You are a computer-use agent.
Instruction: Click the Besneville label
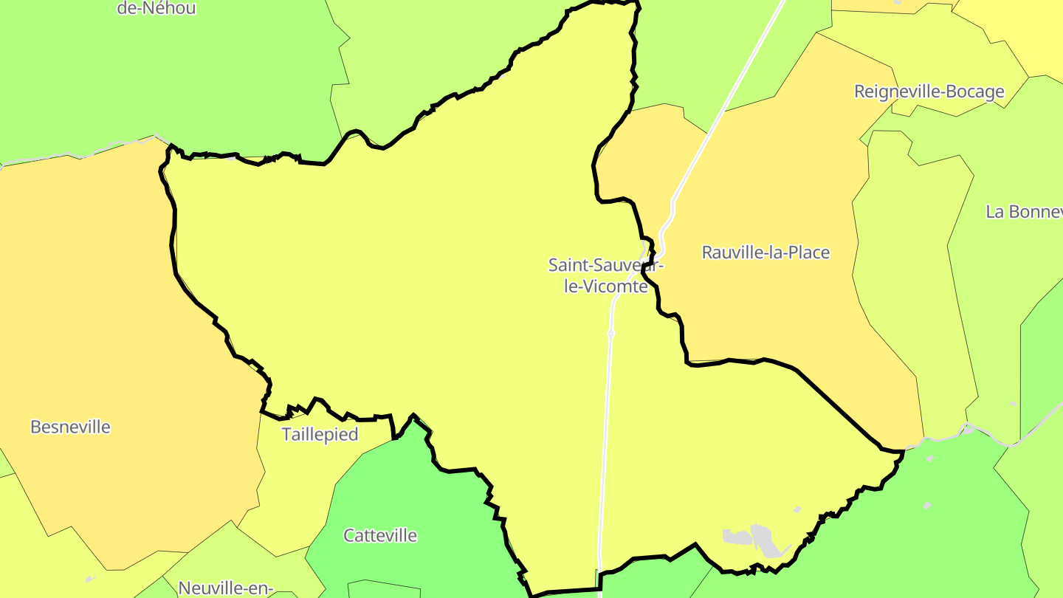[x=70, y=427]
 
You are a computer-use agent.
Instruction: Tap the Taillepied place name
[x=320, y=434]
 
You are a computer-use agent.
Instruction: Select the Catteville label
[x=380, y=535]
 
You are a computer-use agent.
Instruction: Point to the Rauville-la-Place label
[x=766, y=252]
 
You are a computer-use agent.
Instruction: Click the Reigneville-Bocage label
[x=929, y=92]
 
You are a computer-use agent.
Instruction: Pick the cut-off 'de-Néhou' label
[x=156, y=9]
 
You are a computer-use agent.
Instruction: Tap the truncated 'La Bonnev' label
[x=1024, y=212]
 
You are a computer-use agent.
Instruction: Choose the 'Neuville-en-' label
[x=226, y=588]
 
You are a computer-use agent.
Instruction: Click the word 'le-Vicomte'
[x=605, y=286]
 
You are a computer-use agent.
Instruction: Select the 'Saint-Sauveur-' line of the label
[x=605, y=264]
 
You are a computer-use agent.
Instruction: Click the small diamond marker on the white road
[x=611, y=334]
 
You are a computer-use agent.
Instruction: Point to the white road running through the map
[x=605, y=443]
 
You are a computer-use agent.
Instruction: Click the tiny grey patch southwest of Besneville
[x=90, y=578]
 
